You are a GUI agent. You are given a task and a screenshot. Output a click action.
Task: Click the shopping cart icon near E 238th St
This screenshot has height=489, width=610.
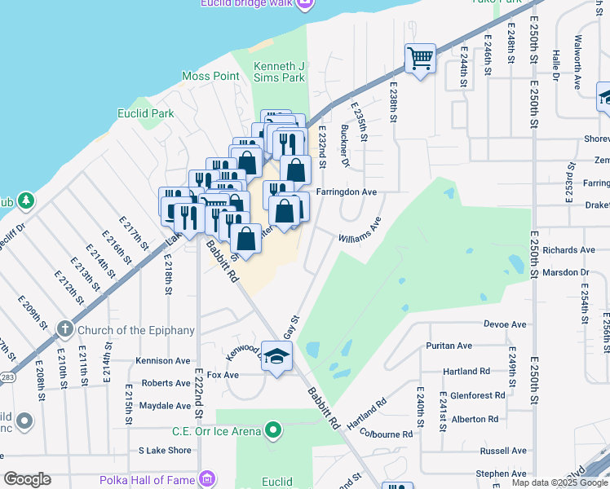coord(420,59)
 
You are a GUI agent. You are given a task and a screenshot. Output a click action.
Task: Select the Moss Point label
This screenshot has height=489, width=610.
coord(210,77)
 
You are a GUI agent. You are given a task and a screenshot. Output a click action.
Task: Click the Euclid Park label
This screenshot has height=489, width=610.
coord(145,113)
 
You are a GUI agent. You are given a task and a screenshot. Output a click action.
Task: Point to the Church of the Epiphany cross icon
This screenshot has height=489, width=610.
coord(65,330)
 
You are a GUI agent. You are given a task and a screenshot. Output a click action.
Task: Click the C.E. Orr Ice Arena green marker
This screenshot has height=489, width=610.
coord(273,430)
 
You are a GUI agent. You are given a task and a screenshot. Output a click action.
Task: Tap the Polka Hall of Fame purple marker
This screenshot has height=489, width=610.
coord(208,479)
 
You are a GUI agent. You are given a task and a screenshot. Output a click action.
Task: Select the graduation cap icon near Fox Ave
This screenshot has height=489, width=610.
coord(276,357)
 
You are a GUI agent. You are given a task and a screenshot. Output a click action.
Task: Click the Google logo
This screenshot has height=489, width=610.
coord(27,479)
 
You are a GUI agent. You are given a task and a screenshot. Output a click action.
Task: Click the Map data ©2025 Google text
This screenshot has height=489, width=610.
coord(559,482)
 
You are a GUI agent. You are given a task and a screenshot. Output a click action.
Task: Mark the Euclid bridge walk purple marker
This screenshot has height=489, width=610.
coord(305,3)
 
